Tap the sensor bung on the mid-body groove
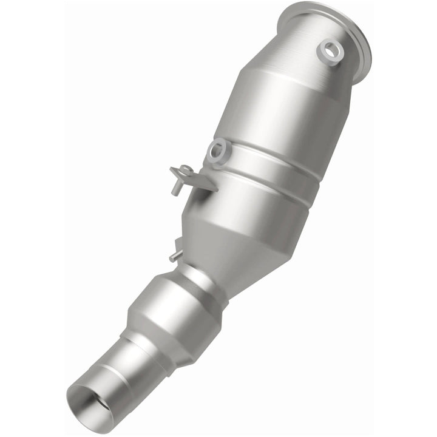tap(217, 150)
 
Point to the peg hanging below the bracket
tap(176, 188)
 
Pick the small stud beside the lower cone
tap(175, 256)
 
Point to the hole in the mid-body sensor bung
tap(217, 149)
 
